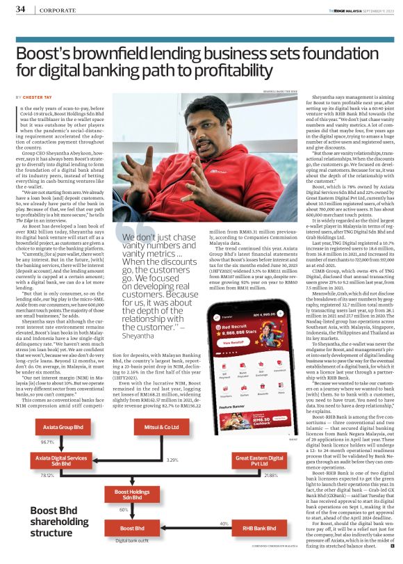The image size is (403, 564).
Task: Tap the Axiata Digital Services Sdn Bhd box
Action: click(59, 463)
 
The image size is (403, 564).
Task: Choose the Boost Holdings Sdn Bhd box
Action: click(117, 494)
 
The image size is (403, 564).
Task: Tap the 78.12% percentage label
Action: click(48, 475)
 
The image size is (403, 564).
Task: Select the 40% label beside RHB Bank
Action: click(224, 523)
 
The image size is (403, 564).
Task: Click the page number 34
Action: click(21, 9)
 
